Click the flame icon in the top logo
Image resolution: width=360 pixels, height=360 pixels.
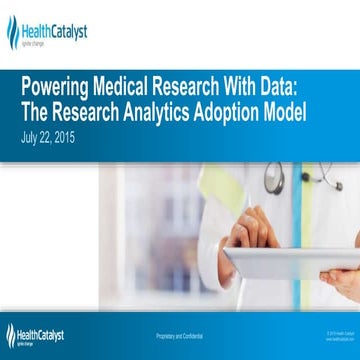tap(13, 31)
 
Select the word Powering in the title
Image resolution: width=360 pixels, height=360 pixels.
tap(60, 83)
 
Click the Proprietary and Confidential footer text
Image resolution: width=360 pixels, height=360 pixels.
tap(177, 332)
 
